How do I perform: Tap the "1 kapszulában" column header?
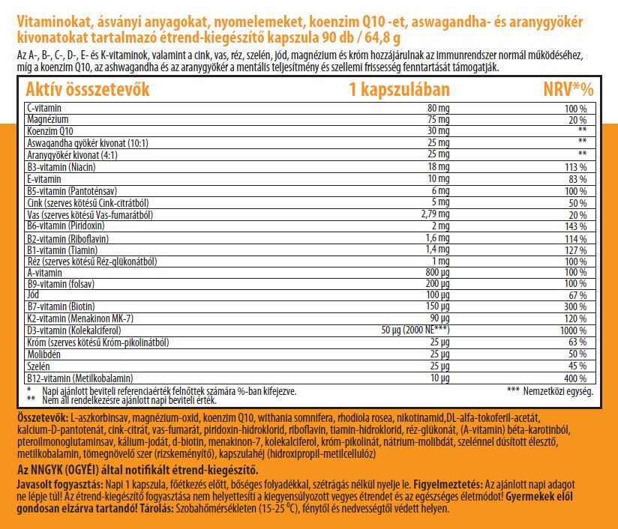[x=399, y=91]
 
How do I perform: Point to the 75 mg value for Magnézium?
[x=437, y=120]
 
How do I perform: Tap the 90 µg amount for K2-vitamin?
[x=438, y=318]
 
